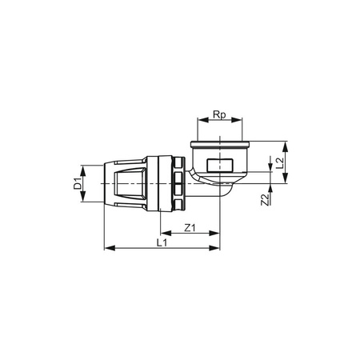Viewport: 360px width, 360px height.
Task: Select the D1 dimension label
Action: click(x=78, y=185)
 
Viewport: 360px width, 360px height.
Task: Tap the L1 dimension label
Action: click(x=162, y=241)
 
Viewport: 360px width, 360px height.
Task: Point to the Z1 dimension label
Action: click(x=190, y=227)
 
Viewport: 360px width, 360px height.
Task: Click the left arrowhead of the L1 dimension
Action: click(x=108, y=248)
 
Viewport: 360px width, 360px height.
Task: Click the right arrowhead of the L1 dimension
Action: click(x=218, y=248)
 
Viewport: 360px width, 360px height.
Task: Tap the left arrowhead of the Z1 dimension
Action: click(x=162, y=234)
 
